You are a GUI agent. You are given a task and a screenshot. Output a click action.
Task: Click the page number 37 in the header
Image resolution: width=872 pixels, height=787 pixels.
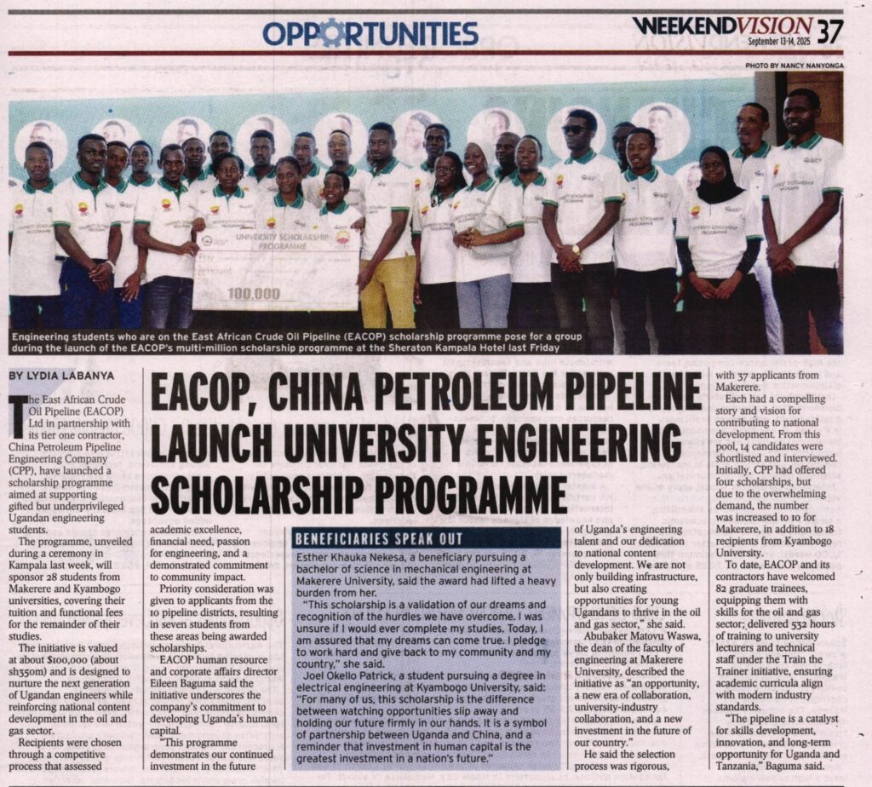tap(829, 32)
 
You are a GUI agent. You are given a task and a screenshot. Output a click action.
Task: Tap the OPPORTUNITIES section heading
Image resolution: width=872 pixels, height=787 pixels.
tap(370, 33)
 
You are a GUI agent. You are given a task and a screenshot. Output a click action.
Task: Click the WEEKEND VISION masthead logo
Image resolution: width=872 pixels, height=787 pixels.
tap(722, 25)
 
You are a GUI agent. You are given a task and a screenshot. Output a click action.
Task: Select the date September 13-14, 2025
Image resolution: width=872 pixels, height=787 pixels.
tap(780, 41)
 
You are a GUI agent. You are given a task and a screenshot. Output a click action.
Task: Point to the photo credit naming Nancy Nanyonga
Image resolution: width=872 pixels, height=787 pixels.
tap(794, 65)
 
